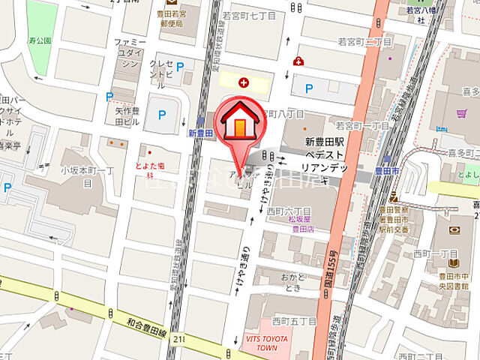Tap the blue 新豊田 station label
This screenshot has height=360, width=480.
click(x=202, y=133)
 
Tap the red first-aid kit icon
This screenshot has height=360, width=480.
click(x=299, y=61)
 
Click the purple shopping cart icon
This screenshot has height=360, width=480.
click(x=459, y=115)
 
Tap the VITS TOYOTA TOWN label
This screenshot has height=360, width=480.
click(x=266, y=343)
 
